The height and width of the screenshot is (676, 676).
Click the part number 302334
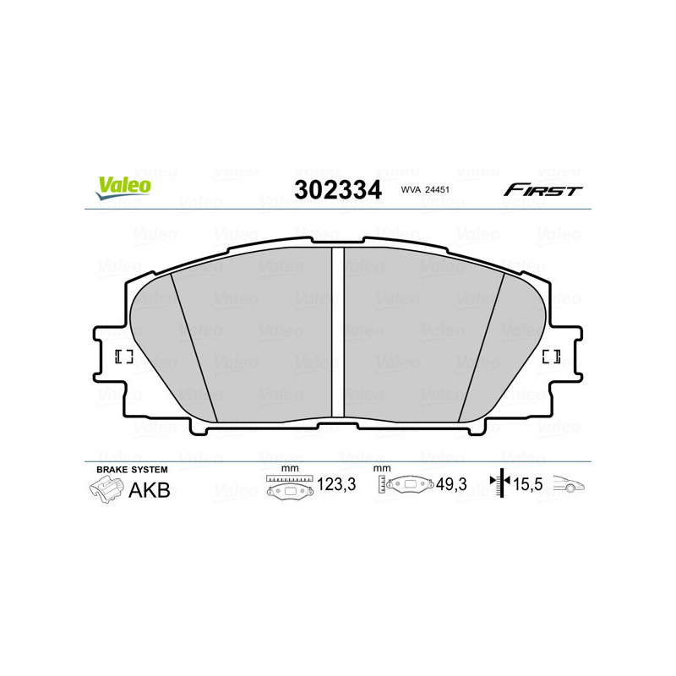pos(336,189)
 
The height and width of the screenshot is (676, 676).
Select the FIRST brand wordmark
pos(542,190)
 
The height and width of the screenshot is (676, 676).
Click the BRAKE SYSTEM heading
pos(132,469)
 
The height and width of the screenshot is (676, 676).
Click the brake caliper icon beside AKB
pos(106,488)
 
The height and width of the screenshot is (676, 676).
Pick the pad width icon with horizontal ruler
pos(289,488)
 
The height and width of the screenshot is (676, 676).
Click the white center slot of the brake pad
pos(337,331)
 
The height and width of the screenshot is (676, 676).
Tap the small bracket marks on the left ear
pos(124,356)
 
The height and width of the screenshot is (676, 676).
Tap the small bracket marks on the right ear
pos(551,356)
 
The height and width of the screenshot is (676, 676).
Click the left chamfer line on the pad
pos(194,346)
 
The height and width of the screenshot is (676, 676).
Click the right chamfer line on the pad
pos(481,346)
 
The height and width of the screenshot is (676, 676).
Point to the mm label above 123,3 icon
pos(290,468)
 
